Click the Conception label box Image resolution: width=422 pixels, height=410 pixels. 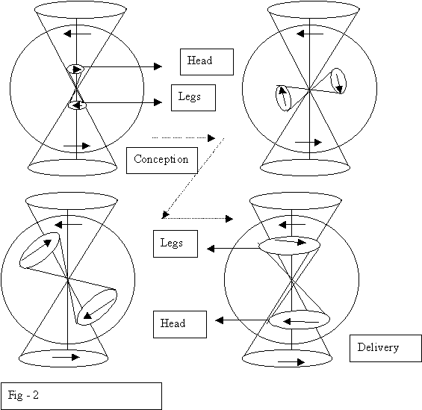162,161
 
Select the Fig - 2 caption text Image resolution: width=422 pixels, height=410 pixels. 23,395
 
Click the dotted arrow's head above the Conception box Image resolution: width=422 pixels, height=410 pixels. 211,138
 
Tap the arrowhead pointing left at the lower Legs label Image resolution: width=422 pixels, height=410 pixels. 211,249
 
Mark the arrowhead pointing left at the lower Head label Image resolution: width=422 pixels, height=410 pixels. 220,320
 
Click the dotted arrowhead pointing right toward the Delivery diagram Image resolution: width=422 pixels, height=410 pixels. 229,219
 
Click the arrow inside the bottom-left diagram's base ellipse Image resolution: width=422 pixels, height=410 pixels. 66,357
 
